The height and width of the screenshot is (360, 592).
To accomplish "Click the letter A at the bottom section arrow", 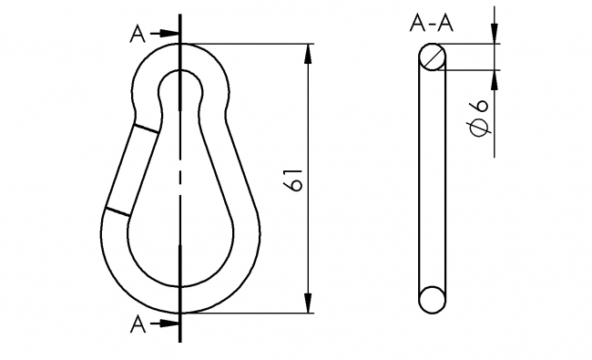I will [138, 324].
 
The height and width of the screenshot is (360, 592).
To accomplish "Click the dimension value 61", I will [294, 180].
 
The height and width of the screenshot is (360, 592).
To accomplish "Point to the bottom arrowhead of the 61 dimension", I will [310, 303].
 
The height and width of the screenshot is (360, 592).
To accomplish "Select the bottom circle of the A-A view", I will [433, 299].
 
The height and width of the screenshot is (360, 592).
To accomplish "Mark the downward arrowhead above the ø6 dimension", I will [495, 35].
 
